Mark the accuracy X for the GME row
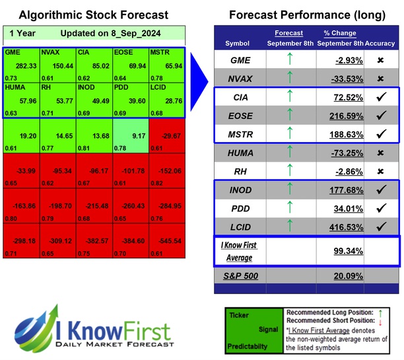pyautogui.click(x=381, y=59)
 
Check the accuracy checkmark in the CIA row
pyautogui.click(x=381, y=96)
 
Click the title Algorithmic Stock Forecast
pyautogui.click(x=93, y=15)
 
